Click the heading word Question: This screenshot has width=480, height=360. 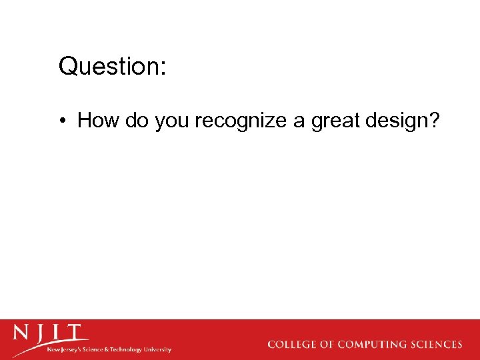(x=112, y=67)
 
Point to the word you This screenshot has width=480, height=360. (x=172, y=121)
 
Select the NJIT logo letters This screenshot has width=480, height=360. (x=51, y=333)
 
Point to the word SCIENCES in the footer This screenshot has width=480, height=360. (x=437, y=345)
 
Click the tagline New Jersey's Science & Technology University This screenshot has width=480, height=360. (x=109, y=349)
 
